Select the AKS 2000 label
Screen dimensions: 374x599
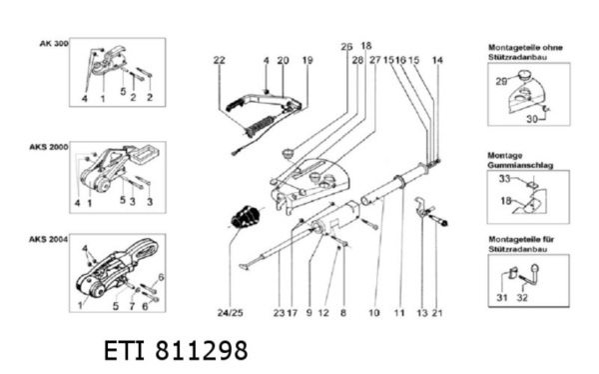[49, 146]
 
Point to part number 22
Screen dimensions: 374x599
[219, 61]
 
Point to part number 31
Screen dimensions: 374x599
[501, 298]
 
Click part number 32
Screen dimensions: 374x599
[523, 298]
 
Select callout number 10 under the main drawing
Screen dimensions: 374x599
[373, 313]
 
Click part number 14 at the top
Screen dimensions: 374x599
[436, 61]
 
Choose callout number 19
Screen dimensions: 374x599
[306, 61]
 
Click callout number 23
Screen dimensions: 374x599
[279, 313]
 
